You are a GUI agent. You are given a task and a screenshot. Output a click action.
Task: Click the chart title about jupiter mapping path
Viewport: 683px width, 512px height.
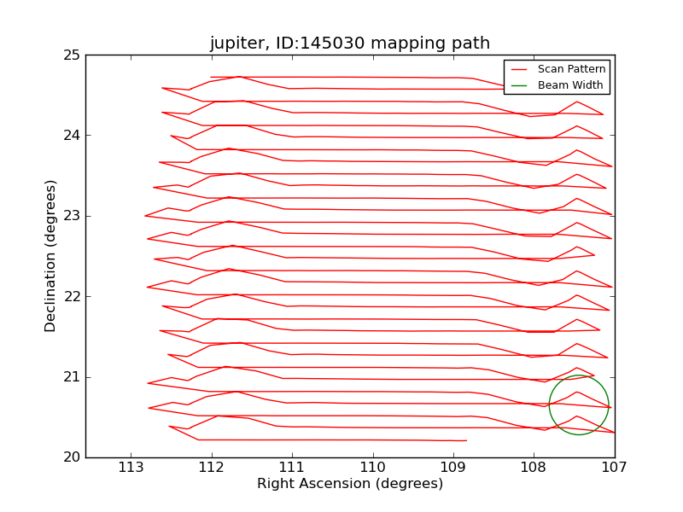point(350,44)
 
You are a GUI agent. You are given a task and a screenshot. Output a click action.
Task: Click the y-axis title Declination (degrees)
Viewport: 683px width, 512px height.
point(51,256)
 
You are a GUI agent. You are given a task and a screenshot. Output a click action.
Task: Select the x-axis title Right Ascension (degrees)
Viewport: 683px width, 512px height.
point(350,484)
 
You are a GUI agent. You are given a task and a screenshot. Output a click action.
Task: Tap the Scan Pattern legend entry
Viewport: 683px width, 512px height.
point(571,69)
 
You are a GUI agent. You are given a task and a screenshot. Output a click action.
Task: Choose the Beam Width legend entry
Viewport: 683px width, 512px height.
point(569,85)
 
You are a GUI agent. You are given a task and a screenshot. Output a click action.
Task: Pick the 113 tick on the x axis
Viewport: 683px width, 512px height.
point(131,468)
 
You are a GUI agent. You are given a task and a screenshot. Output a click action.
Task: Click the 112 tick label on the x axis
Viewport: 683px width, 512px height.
point(212,468)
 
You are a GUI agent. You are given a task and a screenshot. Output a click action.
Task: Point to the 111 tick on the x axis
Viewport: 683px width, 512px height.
point(292,468)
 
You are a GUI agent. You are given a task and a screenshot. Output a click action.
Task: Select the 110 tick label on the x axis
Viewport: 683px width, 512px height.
point(373,468)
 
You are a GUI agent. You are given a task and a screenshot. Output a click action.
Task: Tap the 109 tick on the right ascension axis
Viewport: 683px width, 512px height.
point(453,468)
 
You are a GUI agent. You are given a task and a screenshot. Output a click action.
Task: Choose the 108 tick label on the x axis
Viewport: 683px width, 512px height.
point(534,468)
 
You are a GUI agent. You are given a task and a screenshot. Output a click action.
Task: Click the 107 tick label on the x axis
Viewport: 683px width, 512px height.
point(614,468)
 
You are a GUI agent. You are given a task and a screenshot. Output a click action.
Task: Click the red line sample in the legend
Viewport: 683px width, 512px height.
point(518,69)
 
